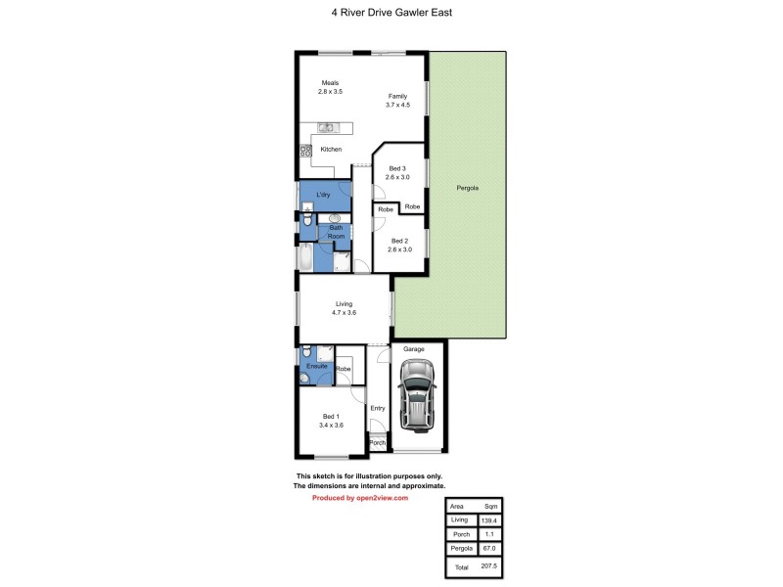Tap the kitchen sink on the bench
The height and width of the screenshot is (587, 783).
point(327,127)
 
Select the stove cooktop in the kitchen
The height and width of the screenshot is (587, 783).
point(304,151)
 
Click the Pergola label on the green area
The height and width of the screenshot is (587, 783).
point(467,187)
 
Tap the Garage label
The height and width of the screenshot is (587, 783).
point(413,348)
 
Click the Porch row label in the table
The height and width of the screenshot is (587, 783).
point(459,536)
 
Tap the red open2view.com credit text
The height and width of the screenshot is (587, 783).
point(359,498)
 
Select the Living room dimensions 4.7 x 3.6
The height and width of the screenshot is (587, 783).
point(344,313)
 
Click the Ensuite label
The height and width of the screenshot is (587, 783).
point(316,366)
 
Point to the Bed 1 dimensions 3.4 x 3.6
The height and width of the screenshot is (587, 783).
point(331,425)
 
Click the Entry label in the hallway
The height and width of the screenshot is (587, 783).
point(378,408)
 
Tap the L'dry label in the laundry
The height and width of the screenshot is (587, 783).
point(323,196)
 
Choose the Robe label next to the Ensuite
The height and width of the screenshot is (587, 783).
point(343,369)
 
